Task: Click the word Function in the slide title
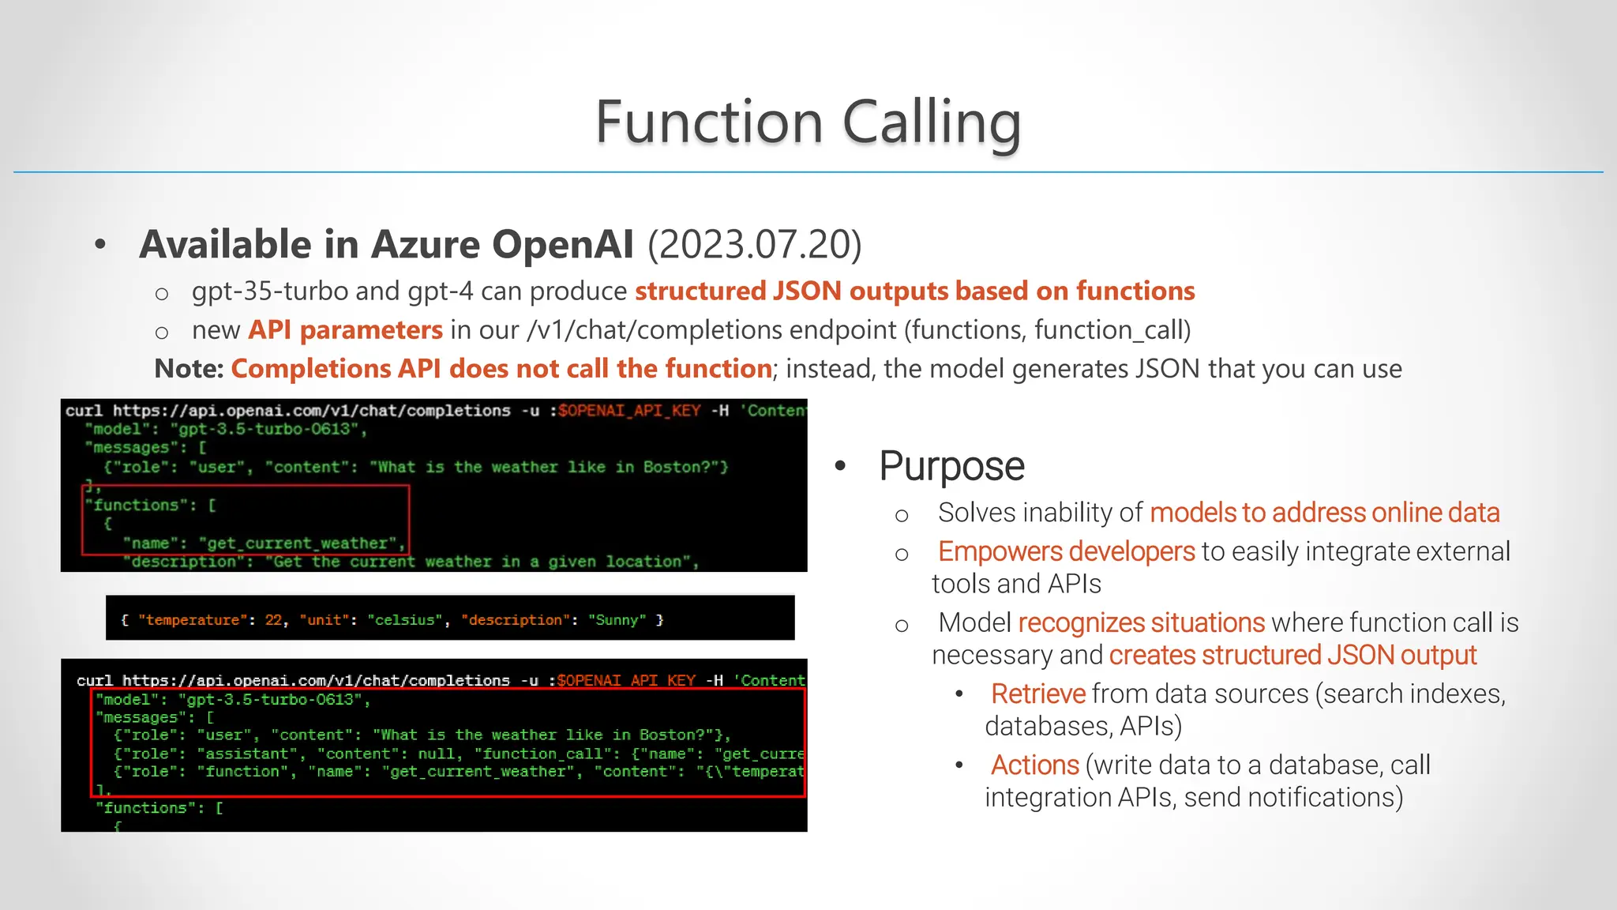pos(709,122)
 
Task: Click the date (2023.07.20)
pos(754,244)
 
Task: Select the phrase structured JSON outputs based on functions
pos(914,291)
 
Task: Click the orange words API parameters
pos(345,330)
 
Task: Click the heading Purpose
pos(951,466)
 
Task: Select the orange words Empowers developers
pos(1066,551)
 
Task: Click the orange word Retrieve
pos(1037,694)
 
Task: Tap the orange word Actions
pos(1034,765)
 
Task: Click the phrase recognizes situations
pos(1141,622)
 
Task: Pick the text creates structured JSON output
pos(1292,655)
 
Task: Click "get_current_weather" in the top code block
pos(297,543)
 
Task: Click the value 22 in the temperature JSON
pos(273,620)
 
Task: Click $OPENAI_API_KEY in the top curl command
pos(628,411)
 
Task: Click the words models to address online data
pos(1324,513)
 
